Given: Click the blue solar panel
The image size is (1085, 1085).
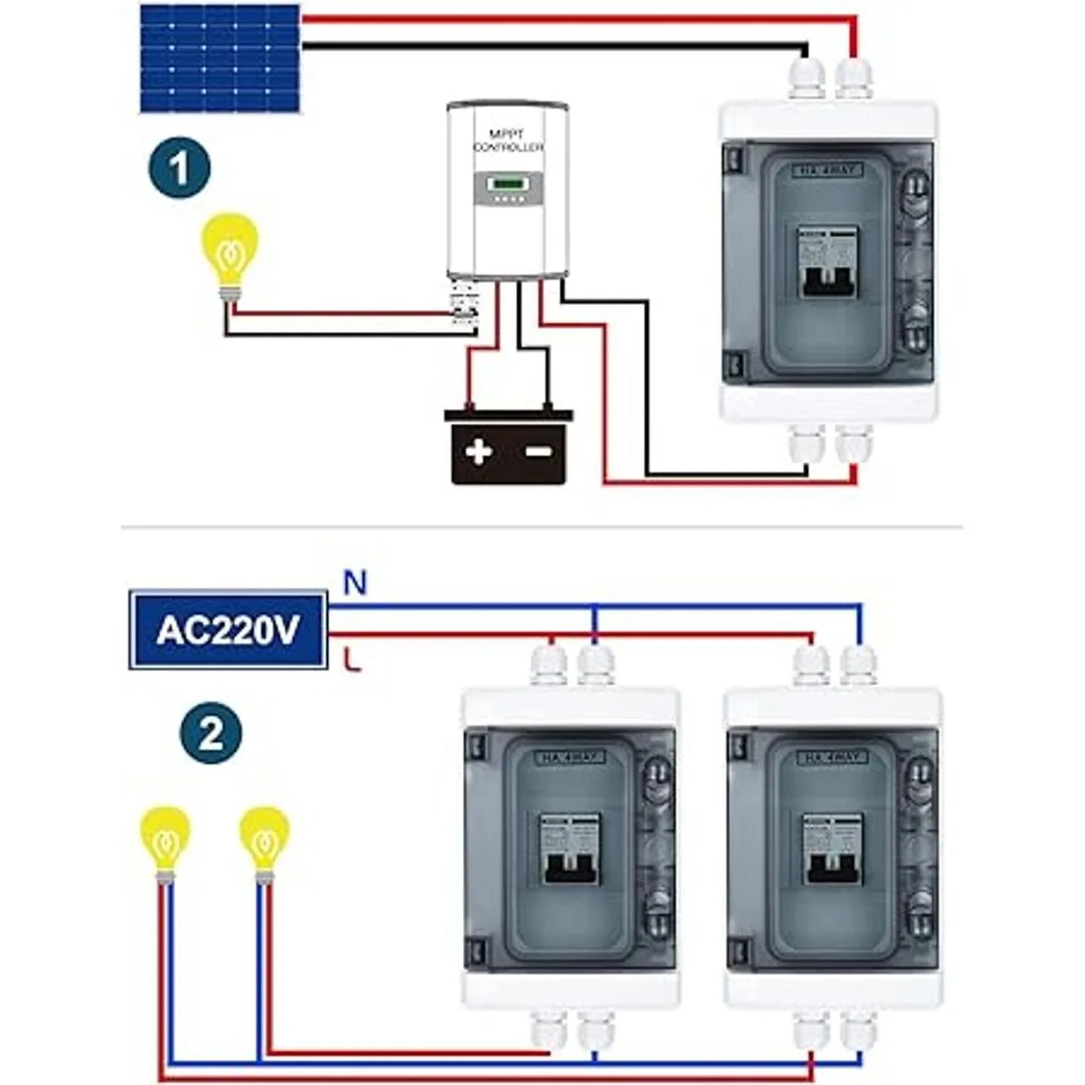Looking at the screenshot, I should tap(221, 58).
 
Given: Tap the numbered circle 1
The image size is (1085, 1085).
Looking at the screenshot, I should tap(179, 168).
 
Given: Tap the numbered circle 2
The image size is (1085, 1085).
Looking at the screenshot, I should tap(210, 732).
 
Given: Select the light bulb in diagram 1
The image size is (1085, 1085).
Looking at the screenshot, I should tap(230, 250).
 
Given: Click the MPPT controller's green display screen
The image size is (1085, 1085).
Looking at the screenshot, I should tap(507, 188).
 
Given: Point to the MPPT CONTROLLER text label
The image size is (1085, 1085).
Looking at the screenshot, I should tap(508, 140).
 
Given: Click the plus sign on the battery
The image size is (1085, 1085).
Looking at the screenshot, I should tap(478, 451).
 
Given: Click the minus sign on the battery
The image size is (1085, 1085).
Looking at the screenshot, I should tap(539, 451).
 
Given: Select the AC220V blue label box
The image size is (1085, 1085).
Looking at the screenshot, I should tap(228, 630).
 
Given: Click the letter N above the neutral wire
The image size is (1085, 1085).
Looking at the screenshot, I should tap(354, 584).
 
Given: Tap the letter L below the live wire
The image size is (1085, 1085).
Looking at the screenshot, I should tap(354, 661).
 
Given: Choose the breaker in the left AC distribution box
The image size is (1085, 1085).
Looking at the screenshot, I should tap(571, 849).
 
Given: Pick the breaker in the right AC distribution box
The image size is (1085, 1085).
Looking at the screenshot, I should tap(833, 849).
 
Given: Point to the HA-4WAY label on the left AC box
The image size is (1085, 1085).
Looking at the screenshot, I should tap(571, 757).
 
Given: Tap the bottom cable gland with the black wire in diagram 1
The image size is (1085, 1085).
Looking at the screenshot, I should tap(806, 442).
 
